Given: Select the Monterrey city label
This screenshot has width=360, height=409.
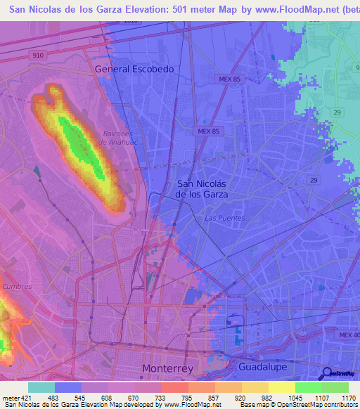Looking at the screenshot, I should [x=168, y=368].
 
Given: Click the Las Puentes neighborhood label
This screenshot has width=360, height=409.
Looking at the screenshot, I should [x=224, y=218].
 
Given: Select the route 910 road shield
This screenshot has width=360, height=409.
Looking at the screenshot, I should [x=38, y=54].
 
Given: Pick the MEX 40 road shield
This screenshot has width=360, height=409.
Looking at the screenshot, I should [x=347, y=335].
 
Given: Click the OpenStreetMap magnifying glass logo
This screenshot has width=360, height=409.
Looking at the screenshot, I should [x=326, y=373].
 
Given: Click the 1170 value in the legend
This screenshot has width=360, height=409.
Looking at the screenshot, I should [x=349, y=397].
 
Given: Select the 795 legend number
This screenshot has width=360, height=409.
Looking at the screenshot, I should [x=186, y=397].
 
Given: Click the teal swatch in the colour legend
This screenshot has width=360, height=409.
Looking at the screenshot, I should [x=41, y=387].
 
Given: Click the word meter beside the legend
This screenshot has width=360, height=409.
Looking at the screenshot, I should [x=11, y=397].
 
